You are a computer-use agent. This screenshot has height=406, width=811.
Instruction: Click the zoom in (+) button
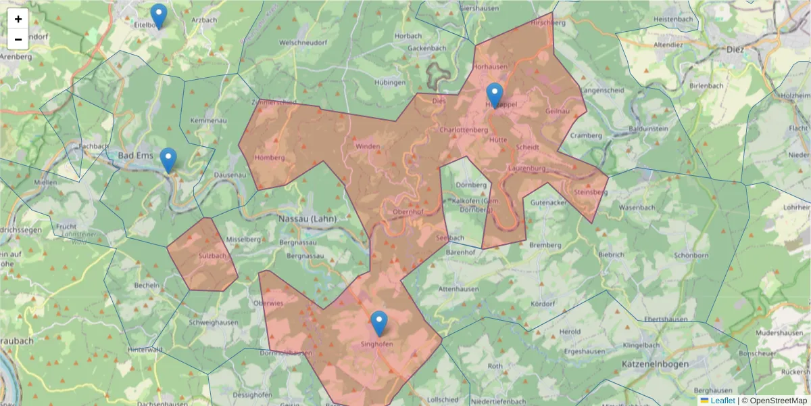pyautogui.click(x=18, y=19)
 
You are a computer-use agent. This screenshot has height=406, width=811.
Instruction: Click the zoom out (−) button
pyautogui.click(x=18, y=39)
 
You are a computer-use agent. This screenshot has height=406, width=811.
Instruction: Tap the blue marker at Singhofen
pyautogui.click(x=379, y=323)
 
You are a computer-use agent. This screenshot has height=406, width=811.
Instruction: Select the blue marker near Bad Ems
pyautogui.click(x=168, y=160)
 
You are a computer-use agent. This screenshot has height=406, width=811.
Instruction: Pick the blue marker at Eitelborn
pyautogui.click(x=159, y=16)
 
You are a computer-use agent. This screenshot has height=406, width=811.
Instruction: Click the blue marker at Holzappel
pyautogui.click(x=495, y=95)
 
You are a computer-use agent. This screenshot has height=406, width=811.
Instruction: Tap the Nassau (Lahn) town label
pyautogui.click(x=307, y=219)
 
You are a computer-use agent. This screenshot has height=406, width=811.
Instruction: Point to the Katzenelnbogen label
pyautogui.click(x=654, y=364)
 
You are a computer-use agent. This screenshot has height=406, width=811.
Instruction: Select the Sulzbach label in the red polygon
pyautogui.click(x=213, y=256)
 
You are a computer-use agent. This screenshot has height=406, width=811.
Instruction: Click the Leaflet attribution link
pyautogui.click(x=722, y=401)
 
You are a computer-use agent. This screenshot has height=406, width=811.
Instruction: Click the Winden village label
pyautogui.click(x=368, y=146)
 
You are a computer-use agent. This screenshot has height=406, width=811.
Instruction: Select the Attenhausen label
pyautogui.click(x=459, y=289)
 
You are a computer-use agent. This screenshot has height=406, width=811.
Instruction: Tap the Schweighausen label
pyautogui.click(x=214, y=323)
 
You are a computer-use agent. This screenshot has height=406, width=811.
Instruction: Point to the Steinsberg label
pyautogui.click(x=590, y=192)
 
